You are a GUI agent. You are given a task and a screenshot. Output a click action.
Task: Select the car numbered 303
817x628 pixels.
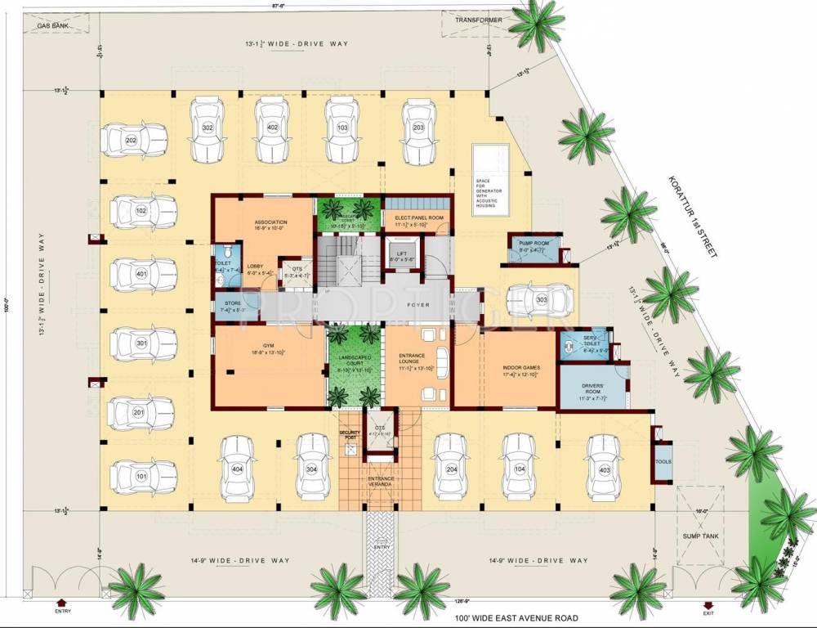[x=541, y=300]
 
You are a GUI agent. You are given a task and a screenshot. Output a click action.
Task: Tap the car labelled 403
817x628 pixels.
[x=605, y=469]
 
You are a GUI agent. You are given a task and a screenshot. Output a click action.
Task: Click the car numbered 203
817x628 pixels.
[x=418, y=128]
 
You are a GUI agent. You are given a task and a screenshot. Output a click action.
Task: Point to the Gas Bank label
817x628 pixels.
[x=51, y=26]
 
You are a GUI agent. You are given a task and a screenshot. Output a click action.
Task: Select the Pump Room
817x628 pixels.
[x=536, y=247]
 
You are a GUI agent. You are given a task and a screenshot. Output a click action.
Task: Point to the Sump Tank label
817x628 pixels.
[x=699, y=537]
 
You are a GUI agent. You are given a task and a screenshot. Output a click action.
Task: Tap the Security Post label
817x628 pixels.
[x=350, y=435]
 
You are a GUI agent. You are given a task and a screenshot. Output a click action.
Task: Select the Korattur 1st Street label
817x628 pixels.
[x=690, y=216]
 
